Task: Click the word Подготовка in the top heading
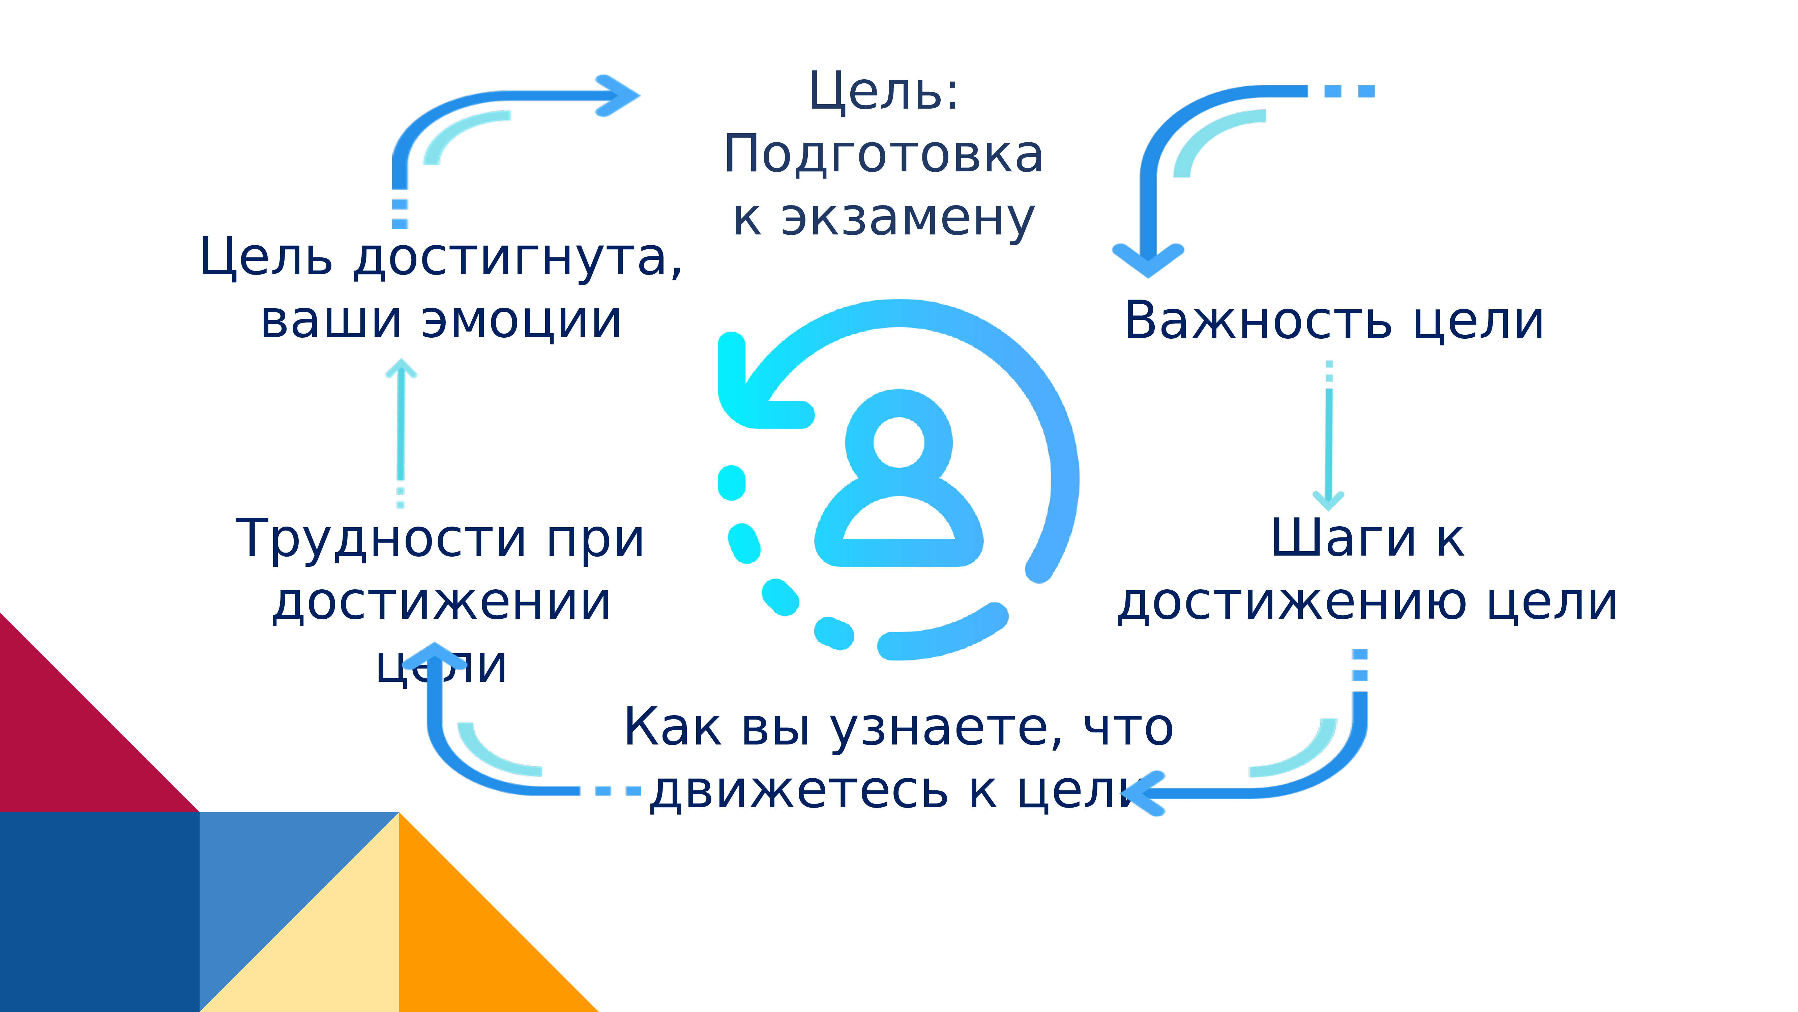tap(884, 155)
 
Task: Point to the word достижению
tap(1291, 602)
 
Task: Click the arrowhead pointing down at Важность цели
tap(1148, 260)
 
